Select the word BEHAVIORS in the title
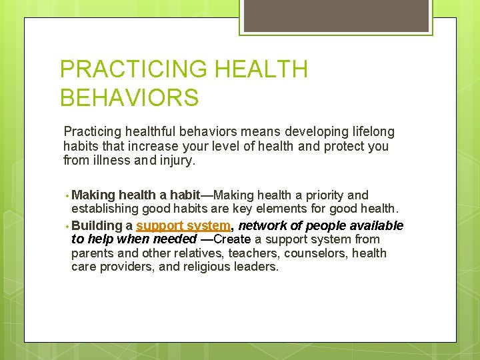(x=129, y=98)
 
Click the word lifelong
(x=371, y=132)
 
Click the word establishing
(x=104, y=210)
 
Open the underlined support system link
(x=183, y=225)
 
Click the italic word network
(x=262, y=225)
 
